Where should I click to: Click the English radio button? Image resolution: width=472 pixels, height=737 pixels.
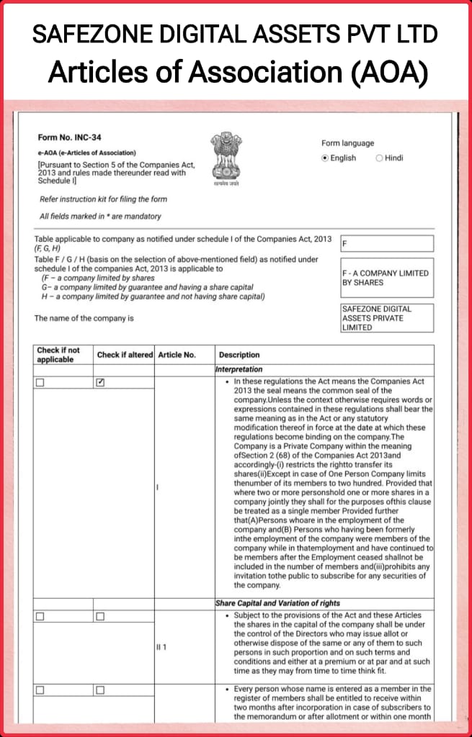pos(325,158)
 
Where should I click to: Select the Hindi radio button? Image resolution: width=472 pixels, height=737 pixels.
pos(379,158)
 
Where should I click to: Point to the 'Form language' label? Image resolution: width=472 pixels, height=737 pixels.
pos(348,143)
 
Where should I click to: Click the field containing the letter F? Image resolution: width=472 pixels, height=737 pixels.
pos(387,244)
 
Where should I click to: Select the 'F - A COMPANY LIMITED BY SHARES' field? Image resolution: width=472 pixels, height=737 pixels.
pos(387,278)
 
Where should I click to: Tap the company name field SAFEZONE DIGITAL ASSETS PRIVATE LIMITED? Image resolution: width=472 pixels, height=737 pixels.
pos(387,318)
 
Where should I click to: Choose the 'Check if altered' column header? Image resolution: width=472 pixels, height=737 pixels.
pos(125,355)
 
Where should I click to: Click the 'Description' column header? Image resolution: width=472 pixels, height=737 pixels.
pos(239,355)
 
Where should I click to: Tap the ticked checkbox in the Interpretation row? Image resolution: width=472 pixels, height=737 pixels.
pos(100,383)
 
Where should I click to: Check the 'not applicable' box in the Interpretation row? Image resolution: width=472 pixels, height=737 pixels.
pos(40,383)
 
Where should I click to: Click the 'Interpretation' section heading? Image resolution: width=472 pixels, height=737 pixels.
pos(240,369)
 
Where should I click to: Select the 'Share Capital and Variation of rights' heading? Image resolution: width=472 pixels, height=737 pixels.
pos(277,603)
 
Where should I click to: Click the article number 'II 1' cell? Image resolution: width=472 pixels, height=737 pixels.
pos(161,647)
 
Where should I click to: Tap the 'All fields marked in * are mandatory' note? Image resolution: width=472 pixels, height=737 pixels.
pos(100,217)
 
